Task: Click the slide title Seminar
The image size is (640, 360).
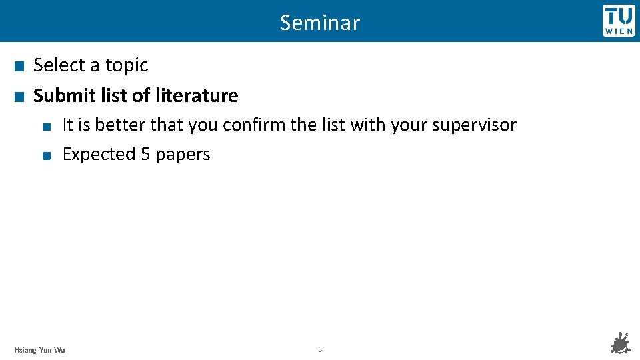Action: [320, 23]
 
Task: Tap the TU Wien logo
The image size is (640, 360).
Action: [619, 21]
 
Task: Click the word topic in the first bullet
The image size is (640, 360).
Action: [127, 65]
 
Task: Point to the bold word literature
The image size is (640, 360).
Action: [197, 95]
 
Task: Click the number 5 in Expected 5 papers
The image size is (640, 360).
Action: [145, 154]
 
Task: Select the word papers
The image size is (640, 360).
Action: [183, 155]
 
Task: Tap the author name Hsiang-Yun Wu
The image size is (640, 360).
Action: [40, 349]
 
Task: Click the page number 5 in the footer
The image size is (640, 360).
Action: [320, 349]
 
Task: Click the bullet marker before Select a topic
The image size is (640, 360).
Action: [19, 66]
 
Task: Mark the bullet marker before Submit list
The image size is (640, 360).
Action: [19, 97]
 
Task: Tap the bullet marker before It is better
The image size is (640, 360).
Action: [45, 126]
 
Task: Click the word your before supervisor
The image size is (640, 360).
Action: [410, 125]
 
